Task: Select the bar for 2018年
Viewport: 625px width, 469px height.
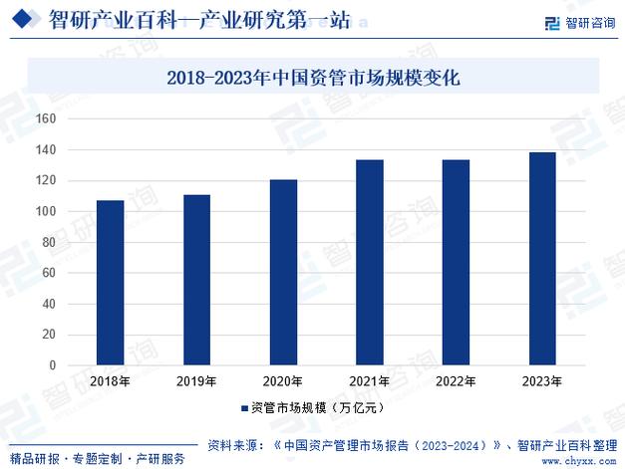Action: tap(111, 283)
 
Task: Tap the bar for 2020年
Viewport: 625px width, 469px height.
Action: tap(284, 272)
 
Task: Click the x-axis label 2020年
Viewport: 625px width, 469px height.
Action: tap(284, 381)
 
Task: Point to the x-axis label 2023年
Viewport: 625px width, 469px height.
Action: tap(542, 381)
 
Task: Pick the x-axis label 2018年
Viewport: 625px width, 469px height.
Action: tap(111, 381)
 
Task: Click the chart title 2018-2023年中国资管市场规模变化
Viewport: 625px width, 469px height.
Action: tap(312, 77)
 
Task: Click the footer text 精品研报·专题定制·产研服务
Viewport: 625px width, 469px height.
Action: tap(98, 459)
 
